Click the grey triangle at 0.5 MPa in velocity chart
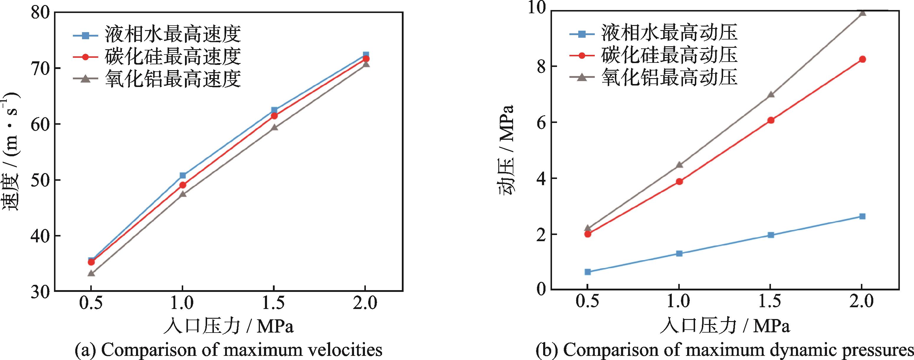pos(91,273)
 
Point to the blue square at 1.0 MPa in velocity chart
pos(183,175)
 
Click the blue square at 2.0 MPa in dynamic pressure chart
pos(862,216)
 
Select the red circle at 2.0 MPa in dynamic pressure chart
pos(862,59)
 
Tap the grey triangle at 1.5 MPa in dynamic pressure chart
pos(771,95)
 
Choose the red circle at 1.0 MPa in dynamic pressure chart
pos(679,182)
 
